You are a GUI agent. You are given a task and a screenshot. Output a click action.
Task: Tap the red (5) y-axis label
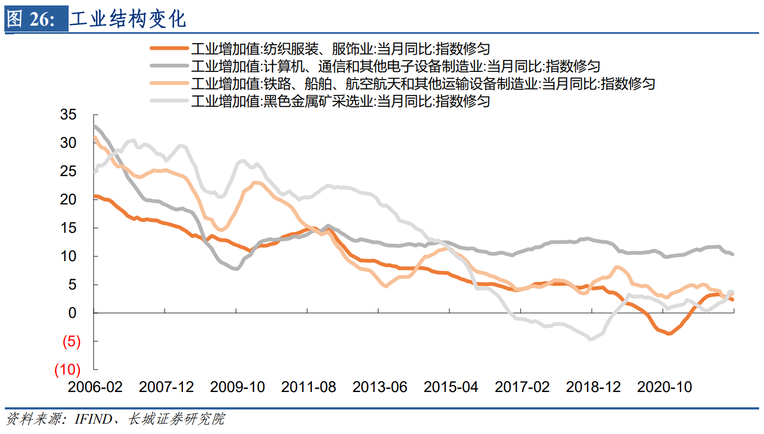tap(71, 342)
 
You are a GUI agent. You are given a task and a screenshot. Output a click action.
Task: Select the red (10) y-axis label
tap(67, 370)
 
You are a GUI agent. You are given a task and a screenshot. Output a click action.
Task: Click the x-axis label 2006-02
tap(95, 387)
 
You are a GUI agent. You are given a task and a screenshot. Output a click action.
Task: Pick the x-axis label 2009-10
tap(237, 387)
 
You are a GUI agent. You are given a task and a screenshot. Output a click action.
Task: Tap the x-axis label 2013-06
tap(380, 387)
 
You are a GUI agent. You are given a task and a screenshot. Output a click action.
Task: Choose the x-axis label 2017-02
tap(522, 387)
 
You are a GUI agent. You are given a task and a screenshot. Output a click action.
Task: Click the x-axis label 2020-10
tap(664, 387)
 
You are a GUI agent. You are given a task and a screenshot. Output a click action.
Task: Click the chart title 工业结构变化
tap(129, 19)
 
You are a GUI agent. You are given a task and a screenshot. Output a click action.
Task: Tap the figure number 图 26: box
tap(36, 20)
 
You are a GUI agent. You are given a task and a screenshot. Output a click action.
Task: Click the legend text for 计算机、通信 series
tap(395, 67)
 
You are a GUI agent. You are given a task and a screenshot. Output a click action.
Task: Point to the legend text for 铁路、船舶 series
tap(423, 84)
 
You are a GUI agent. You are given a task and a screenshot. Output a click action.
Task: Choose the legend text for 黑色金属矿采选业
tap(340, 101)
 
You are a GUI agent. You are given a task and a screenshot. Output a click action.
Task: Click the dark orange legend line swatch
tap(168, 49)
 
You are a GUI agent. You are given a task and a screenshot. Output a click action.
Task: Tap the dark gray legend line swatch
tap(168, 67)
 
